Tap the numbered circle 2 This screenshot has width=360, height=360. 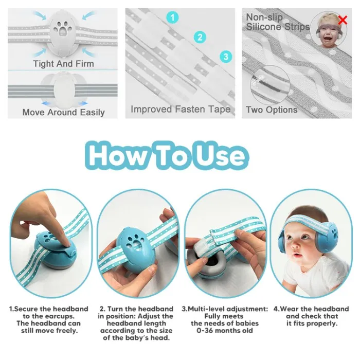(200, 37)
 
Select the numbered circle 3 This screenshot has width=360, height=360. (225, 56)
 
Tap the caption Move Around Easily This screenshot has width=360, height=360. (63, 112)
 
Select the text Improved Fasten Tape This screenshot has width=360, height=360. (180, 109)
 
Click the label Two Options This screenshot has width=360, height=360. (272, 110)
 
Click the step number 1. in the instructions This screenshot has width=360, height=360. (11, 309)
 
